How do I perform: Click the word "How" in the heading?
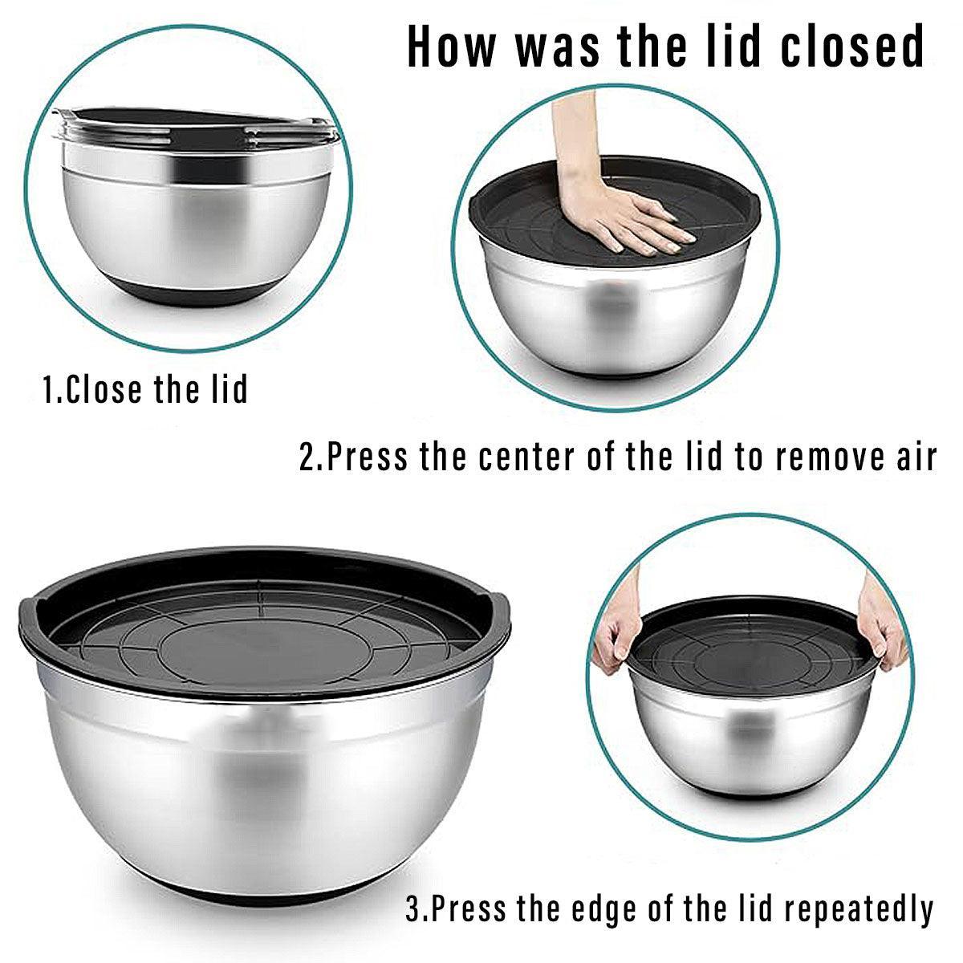451,47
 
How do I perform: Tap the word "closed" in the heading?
851,47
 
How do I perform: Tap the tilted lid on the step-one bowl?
197,127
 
